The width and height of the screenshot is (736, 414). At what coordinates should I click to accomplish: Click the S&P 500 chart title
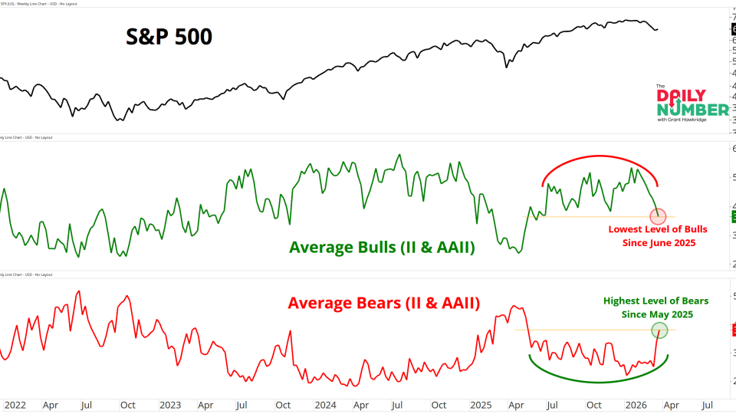pos(168,37)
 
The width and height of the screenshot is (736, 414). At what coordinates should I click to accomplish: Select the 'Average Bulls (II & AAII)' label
pos(382,247)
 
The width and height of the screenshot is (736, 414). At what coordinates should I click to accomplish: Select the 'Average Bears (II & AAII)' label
pos(384,303)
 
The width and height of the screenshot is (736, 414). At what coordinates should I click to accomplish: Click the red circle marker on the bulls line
pos(658,216)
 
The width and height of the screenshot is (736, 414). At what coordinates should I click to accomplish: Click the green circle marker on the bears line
pos(659,330)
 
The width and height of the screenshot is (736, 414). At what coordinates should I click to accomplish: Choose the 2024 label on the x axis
pos(325,404)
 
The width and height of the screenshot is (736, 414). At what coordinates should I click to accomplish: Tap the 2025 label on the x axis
pos(481,404)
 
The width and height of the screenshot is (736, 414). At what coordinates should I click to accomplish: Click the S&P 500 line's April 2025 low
pos(506,67)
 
